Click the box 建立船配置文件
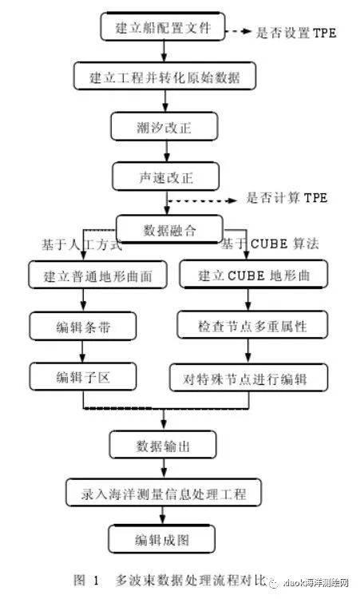[163, 29]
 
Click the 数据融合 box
[168, 230]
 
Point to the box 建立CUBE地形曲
[252, 276]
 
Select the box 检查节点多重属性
[252, 326]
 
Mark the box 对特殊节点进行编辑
[250, 375]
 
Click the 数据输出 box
[163, 445]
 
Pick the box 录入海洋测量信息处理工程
[163, 494]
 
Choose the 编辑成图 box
[163, 540]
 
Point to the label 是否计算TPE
[285, 197]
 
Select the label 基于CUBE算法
[270, 244]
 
